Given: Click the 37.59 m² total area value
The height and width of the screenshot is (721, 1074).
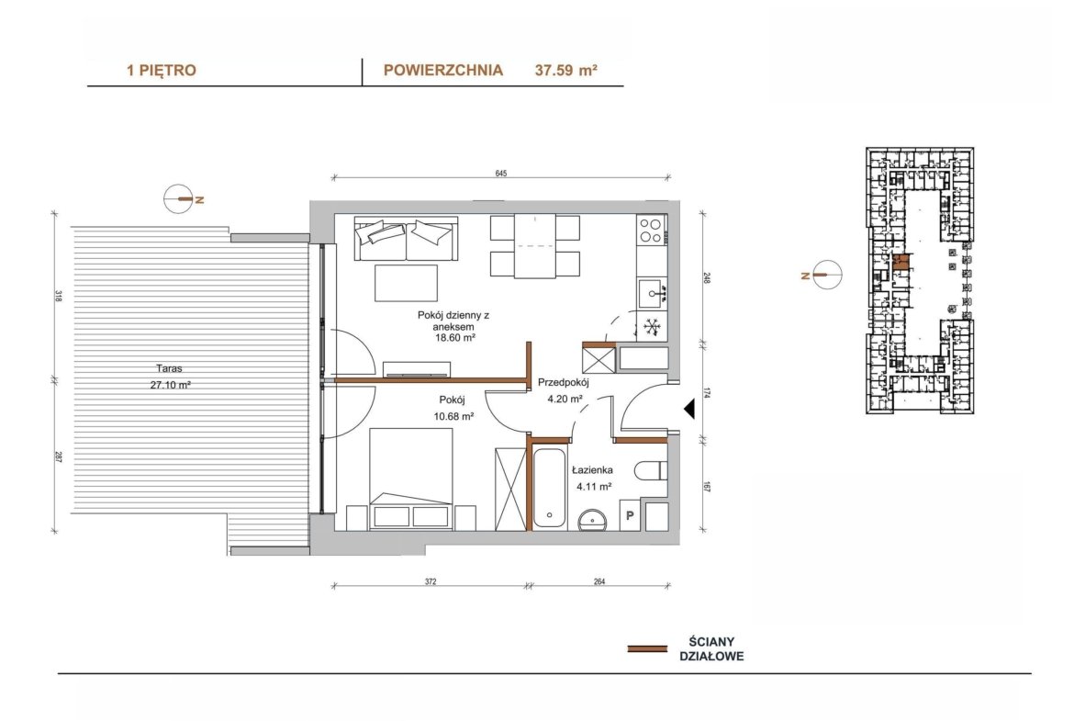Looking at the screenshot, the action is [x=565, y=70].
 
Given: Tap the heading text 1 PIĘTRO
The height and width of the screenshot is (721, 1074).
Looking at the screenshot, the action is [x=161, y=70].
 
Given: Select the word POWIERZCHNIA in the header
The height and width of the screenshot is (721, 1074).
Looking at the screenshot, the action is [x=443, y=70].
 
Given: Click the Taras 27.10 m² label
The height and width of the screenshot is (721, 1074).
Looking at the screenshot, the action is [x=170, y=377].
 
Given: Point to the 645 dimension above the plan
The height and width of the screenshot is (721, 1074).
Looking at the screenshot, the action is [x=500, y=174].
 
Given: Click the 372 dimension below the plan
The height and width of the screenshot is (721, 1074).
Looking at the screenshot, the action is [x=431, y=582].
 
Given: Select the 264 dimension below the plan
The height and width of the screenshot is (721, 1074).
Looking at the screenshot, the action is [x=599, y=582].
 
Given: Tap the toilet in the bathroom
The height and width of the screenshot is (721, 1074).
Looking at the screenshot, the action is [x=651, y=471].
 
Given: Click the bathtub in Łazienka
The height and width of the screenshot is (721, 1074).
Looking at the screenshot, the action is [x=549, y=488].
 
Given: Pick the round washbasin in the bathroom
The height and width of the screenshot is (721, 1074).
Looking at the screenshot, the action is [x=593, y=520].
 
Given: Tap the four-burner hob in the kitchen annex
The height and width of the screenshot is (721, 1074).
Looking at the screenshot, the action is [x=652, y=231].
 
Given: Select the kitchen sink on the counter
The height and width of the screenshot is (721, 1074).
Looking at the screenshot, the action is [x=652, y=293].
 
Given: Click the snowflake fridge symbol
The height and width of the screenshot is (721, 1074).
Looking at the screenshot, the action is [x=652, y=327].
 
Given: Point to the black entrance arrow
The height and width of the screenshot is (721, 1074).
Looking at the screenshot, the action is [x=689, y=410].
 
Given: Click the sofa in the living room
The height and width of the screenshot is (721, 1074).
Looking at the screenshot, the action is [x=406, y=239].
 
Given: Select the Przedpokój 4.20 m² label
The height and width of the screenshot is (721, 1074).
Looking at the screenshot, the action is [x=563, y=390].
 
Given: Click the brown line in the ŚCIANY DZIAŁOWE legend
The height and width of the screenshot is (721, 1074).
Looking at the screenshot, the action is [x=647, y=648].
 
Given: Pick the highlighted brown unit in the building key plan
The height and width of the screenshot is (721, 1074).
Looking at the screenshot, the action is [x=902, y=263].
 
